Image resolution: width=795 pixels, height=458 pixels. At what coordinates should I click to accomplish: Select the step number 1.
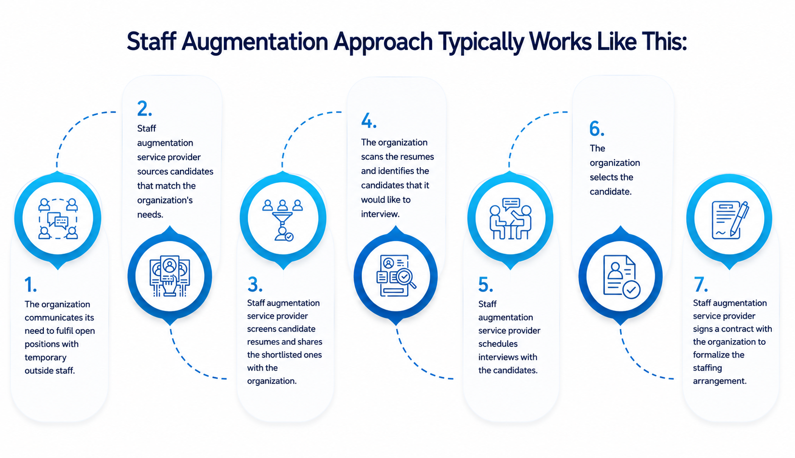point(30,285)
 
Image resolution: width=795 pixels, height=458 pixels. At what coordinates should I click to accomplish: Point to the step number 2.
point(144,109)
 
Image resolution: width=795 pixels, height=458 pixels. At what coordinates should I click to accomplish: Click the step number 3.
point(255,284)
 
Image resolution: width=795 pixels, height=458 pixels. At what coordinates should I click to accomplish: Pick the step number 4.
point(369,121)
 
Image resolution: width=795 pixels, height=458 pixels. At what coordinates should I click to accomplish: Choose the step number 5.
point(485,284)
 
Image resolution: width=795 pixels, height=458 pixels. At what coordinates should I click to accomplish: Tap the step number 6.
point(597,128)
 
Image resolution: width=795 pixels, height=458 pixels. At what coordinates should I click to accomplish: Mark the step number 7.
point(701,284)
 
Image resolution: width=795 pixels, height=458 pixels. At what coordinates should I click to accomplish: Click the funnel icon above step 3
point(282,218)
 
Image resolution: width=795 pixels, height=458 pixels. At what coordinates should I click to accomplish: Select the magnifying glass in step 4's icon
point(406,278)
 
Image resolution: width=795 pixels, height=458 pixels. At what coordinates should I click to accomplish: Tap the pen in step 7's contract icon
point(739,219)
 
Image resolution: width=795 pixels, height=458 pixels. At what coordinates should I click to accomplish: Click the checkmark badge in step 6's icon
point(631,290)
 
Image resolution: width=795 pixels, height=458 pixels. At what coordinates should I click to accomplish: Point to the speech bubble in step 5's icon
point(511,204)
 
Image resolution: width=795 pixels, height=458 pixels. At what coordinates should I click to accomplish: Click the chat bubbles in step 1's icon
point(58,220)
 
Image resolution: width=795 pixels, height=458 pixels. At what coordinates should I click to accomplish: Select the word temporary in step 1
point(45,357)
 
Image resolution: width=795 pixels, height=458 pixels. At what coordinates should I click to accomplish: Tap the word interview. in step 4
point(380,214)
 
